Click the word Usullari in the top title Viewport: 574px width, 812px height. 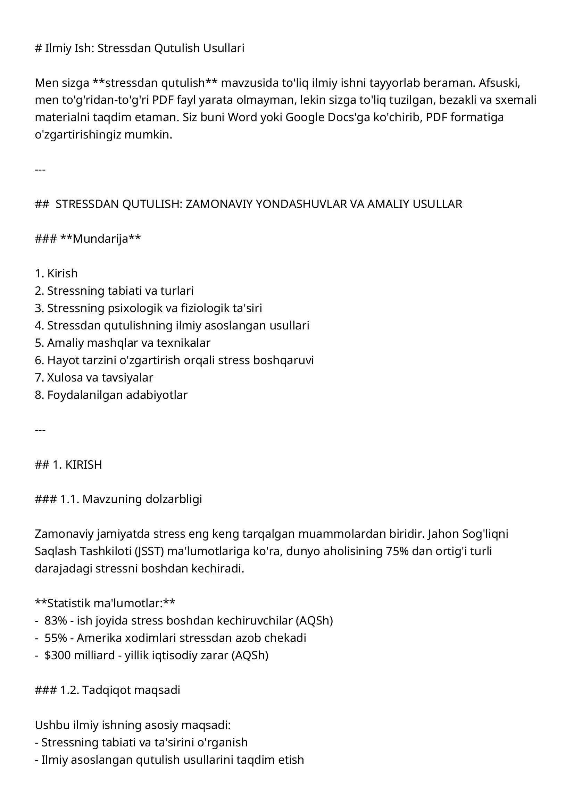224,48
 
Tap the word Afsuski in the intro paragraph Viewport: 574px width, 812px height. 499,83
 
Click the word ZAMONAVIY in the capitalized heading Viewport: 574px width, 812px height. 219,204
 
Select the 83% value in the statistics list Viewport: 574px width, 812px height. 56,620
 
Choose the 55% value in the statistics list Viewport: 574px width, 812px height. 56,638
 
